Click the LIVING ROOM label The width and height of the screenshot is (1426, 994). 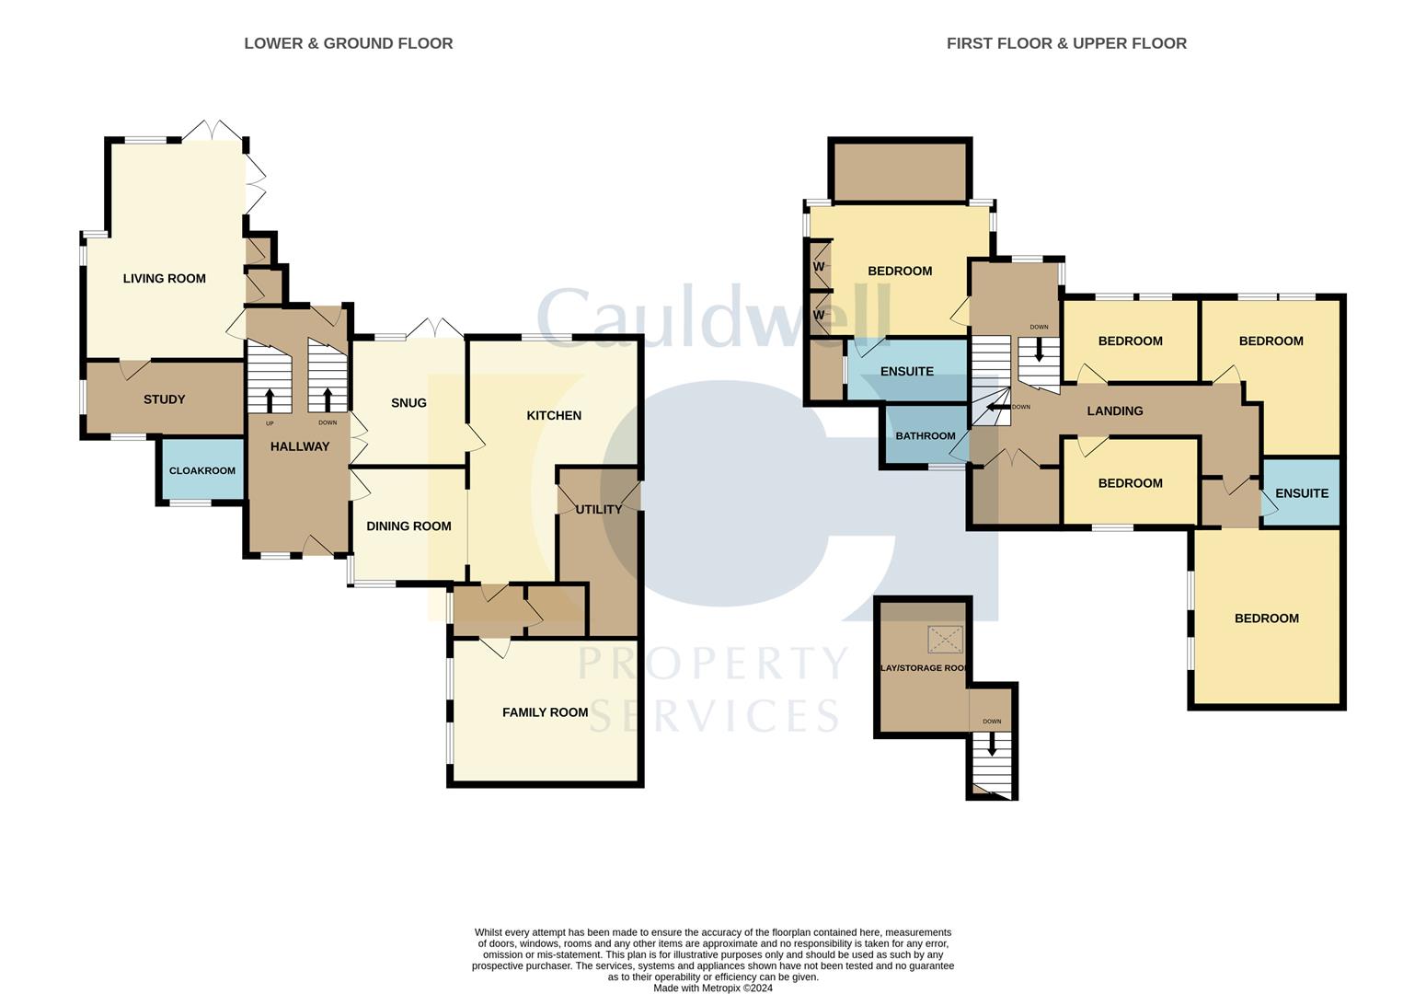click(x=164, y=279)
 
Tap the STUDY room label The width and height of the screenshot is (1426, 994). click(x=164, y=399)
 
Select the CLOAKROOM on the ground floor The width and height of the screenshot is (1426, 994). click(x=201, y=470)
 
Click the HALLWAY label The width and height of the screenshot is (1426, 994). click(x=299, y=446)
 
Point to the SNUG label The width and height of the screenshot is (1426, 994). click(x=408, y=403)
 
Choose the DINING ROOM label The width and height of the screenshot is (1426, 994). click(x=408, y=526)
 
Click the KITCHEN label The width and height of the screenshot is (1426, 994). click(x=553, y=416)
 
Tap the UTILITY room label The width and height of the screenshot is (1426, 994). click(x=598, y=509)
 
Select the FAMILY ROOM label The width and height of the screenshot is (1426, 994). click(x=545, y=712)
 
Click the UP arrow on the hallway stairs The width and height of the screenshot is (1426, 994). click(x=270, y=399)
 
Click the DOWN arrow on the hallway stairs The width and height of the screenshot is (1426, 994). click(x=328, y=399)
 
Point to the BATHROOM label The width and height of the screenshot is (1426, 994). click(x=925, y=436)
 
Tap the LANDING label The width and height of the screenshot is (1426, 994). click(x=1114, y=411)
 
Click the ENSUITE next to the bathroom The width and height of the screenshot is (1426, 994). click(x=906, y=372)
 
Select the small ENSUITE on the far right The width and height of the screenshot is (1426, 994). click(x=1301, y=493)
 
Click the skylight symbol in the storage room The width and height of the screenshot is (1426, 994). click(x=945, y=639)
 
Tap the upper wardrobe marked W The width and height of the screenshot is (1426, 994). click(x=818, y=267)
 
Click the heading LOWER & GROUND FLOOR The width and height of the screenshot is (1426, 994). click(x=348, y=43)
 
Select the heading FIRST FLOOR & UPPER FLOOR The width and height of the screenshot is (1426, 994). click(x=1065, y=43)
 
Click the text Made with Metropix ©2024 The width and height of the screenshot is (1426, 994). click(x=712, y=988)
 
